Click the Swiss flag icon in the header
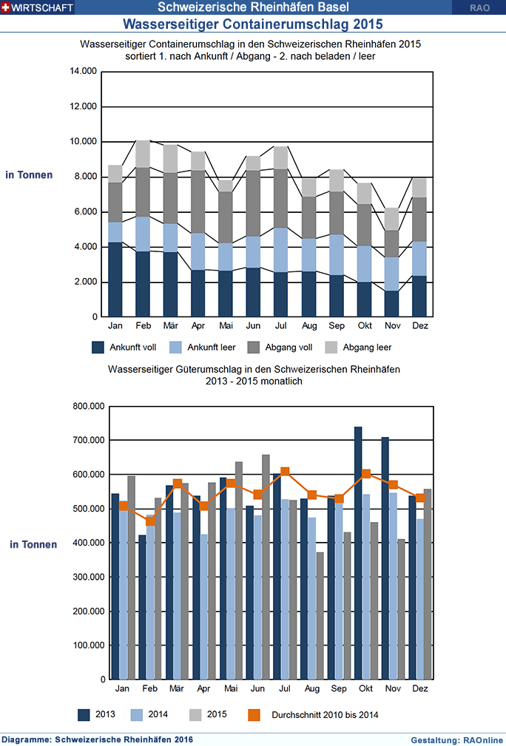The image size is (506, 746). [x=6, y=7]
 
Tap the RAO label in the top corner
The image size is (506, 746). [x=479, y=7]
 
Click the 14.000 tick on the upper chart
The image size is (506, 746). [x=83, y=72]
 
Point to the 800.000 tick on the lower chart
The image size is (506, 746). [x=86, y=406]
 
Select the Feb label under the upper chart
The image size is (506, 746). [x=143, y=325]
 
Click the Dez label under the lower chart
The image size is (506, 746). [x=420, y=689]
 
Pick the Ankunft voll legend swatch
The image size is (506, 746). [x=98, y=347]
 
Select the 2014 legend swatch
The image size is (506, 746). [x=137, y=714]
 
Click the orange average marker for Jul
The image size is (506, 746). [x=285, y=472]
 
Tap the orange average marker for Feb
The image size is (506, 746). [x=150, y=520]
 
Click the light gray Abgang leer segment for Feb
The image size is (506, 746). [x=143, y=154]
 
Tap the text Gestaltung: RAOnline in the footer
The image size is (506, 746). [x=456, y=739]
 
